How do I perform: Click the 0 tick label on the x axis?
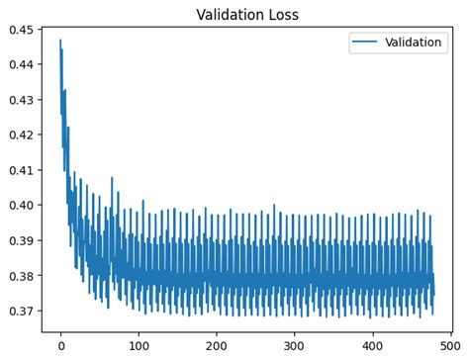[x=61, y=345]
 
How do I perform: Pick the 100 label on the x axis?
[x=140, y=345]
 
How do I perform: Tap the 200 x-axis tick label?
[x=217, y=345]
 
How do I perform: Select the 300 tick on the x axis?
[x=295, y=345]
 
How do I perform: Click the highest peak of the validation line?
[x=60, y=41]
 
